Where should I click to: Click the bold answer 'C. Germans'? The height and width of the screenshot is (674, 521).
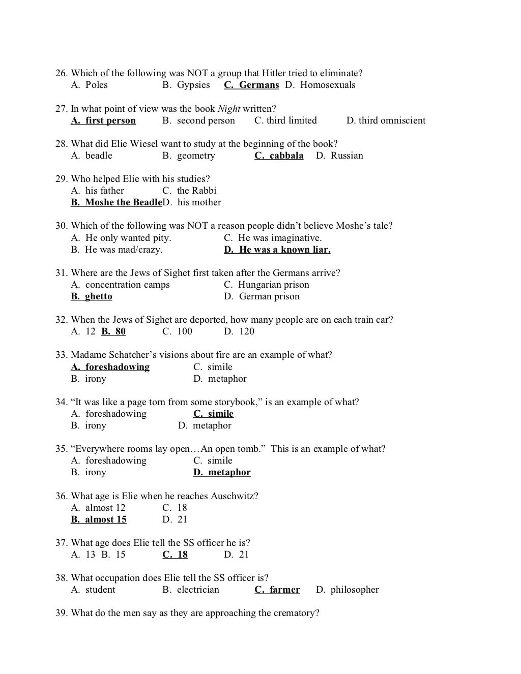[251, 85]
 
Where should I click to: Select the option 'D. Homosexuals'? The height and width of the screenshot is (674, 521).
[320, 85]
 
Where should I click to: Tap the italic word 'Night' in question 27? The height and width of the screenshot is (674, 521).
[229, 109]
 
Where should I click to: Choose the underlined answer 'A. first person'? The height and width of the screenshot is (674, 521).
[103, 120]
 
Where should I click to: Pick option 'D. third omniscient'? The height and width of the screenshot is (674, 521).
[386, 120]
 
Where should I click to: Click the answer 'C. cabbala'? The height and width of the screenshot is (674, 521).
[279, 156]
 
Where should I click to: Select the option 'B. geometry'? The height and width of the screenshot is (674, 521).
[189, 156]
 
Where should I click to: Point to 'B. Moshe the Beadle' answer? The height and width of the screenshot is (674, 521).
[116, 202]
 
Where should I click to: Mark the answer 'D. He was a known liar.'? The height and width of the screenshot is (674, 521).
[277, 250]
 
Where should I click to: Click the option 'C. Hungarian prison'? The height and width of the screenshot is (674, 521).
[267, 285]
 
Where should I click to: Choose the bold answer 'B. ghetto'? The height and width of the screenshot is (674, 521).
[92, 296]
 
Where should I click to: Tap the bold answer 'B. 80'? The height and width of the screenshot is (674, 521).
[113, 331]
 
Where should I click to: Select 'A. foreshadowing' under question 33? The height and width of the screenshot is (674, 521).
[110, 367]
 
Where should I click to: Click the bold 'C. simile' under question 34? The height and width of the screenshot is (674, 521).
[213, 414]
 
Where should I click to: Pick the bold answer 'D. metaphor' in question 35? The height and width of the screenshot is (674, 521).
[222, 472]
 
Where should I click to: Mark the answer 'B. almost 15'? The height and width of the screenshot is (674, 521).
[99, 519]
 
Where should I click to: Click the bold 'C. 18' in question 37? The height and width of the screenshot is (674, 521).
[175, 555]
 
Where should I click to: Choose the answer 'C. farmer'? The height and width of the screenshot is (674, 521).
[277, 590]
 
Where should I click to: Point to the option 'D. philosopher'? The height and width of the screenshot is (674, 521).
[348, 590]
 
